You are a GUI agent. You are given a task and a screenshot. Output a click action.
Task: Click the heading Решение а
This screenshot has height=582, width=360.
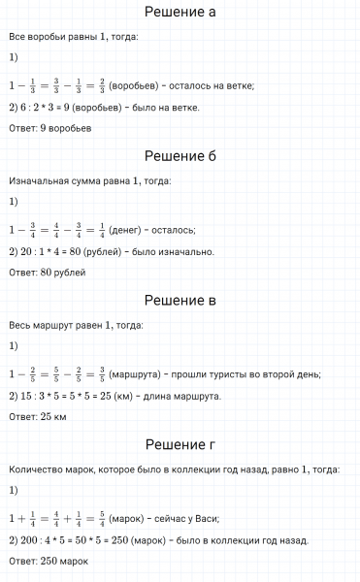point(180,14)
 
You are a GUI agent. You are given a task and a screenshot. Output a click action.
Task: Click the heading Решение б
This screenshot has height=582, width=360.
point(180,157)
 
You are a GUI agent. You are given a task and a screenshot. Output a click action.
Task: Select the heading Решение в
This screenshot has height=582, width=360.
point(180,301)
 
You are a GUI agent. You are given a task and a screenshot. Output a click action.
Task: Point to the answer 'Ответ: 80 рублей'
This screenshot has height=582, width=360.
point(47,273)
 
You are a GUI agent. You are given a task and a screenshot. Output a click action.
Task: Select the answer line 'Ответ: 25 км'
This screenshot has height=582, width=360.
point(37,416)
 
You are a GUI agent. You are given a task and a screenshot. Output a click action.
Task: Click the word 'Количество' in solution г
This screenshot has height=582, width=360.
point(35,469)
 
